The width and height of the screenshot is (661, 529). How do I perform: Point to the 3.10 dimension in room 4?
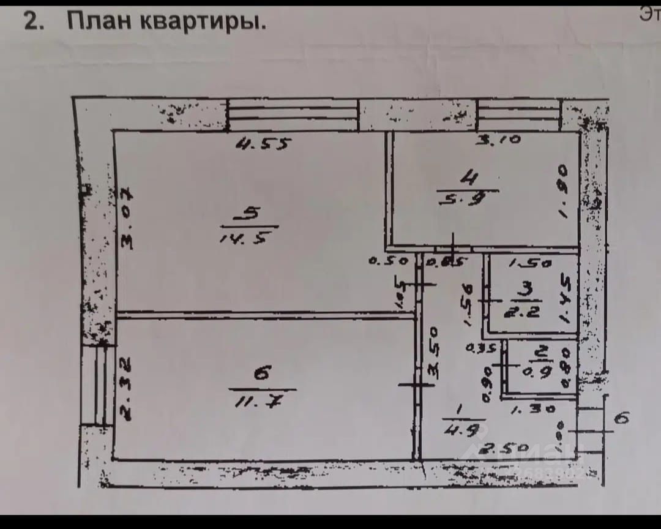coord(499,140)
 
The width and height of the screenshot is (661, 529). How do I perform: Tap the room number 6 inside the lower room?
coord(262,374)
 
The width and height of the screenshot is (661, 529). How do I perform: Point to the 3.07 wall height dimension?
coord(127,218)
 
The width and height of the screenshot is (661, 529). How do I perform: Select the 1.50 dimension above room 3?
coord(531,264)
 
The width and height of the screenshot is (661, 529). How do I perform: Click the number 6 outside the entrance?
coord(621,419)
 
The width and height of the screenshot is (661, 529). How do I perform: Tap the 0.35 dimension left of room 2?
coord(480,350)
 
